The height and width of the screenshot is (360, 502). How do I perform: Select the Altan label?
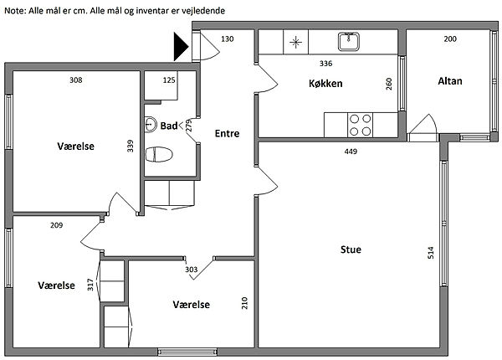pyautogui.click(x=450, y=81)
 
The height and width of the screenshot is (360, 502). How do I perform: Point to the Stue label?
pyautogui.click(x=351, y=249)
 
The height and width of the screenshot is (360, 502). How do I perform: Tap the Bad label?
pyautogui.click(x=169, y=126)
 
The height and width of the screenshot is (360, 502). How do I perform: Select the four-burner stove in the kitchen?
pyautogui.click(x=361, y=125)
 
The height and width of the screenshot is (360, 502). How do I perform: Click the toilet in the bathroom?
pyautogui.click(x=158, y=154)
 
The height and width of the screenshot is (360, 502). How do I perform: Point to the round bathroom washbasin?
pyautogui.click(x=151, y=125)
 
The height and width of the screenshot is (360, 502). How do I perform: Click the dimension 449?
pyautogui.click(x=351, y=152)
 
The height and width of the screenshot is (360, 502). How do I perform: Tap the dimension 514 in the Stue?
pyautogui.click(x=432, y=252)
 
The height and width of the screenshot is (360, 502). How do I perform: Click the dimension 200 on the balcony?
pyautogui.click(x=450, y=39)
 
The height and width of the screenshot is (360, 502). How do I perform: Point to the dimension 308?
pyautogui.click(x=75, y=80)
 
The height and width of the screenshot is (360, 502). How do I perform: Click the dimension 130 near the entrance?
pyautogui.click(x=227, y=39)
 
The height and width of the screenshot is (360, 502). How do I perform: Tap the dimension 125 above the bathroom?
pyautogui.click(x=169, y=80)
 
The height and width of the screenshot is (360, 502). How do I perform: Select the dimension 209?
pyautogui.click(x=57, y=225)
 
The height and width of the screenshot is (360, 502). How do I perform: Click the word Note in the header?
pyautogui.click(x=14, y=8)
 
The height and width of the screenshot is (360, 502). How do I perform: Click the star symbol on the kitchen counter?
pyautogui.click(x=296, y=41)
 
